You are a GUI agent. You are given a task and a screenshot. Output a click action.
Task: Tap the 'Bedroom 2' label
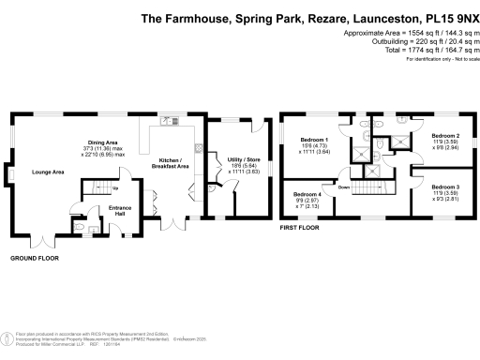pyautogui.click(x=444, y=136)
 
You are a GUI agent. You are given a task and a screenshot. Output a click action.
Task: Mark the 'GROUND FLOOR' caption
pyautogui.click(x=36, y=257)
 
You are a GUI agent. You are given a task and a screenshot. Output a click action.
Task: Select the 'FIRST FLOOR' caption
pyautogui.click(x=299, y=227)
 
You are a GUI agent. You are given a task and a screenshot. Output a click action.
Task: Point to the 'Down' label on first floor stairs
pyautogui.click(x=344, y=187)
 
